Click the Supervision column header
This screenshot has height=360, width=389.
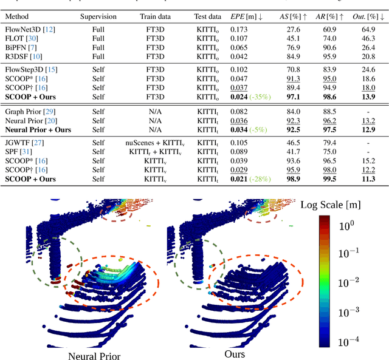(x=98, y=17)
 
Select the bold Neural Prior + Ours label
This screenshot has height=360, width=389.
(x=38, y=129)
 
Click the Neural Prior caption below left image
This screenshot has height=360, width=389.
(x=94, y=356)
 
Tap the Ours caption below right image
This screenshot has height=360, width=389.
(x=234, y=354)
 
